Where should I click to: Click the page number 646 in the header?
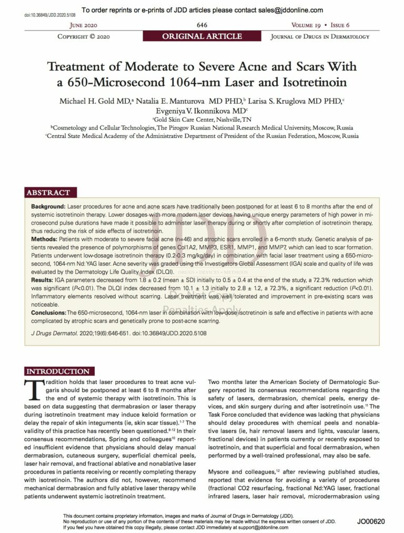pos(201,25)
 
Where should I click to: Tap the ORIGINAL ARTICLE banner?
pos(202,36)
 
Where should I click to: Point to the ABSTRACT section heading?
pos(48,193)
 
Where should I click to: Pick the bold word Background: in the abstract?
pos(48,207)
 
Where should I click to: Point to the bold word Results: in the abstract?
pos(43,281)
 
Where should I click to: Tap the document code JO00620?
pos(371,521)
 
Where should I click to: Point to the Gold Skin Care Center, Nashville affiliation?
pos(202,120)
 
